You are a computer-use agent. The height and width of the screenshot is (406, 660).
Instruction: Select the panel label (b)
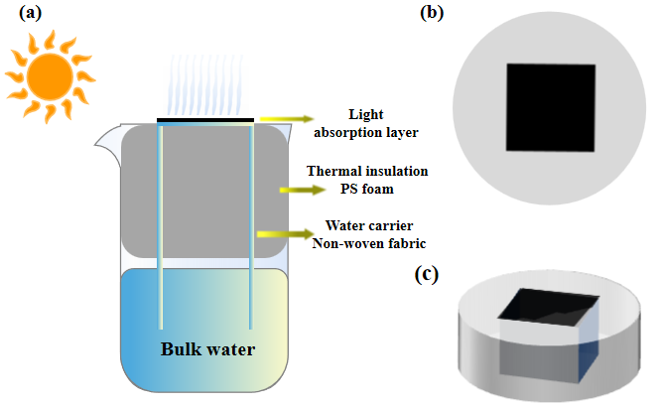(433, 13)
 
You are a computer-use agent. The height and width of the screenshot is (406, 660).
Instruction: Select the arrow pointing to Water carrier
(279, 234)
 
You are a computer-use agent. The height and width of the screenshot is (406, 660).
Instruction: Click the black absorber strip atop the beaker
(205, 121)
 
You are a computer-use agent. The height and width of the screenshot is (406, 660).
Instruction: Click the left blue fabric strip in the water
(160, 298)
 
